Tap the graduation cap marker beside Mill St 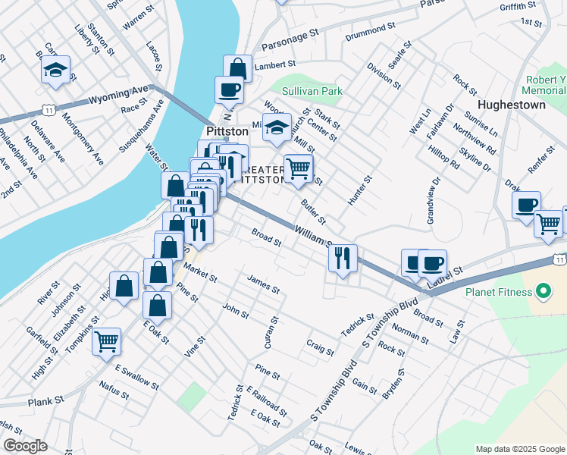[x=277, y=127]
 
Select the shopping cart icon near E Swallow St [x=107, y=340]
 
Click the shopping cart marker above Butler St [x=299, y=168]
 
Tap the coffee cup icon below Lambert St [x=229, y=90]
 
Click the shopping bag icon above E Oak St [x=157, y=306]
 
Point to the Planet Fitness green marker [x=543, y=290]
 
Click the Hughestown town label [x=512, y=105]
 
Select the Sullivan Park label [x=312, y=91]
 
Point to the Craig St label [x=320, y=347]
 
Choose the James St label [x=263, y=284]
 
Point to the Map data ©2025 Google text [x=519, y=449]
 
